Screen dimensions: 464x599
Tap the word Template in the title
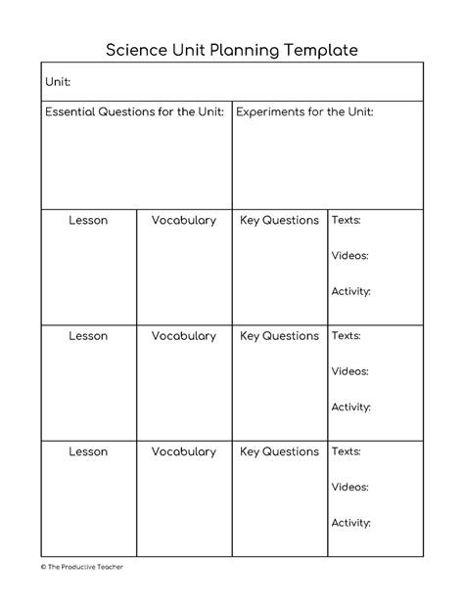[319, 48]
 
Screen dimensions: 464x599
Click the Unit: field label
[58, 83]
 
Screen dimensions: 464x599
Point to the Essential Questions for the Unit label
[134, 112]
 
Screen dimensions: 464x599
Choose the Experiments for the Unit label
[304, 112]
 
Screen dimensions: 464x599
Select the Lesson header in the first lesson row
[88, 221]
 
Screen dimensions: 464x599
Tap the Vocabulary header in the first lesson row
[184, 221]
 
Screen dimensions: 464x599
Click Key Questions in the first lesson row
[279, 221]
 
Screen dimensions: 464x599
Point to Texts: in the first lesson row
[346, 221]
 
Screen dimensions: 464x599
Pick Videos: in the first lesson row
[349, 255]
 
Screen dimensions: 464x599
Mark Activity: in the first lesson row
[350, 291]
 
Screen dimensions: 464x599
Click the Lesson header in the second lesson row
[88, 336]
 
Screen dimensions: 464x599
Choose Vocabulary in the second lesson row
[184, 336]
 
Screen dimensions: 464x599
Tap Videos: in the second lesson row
[349, 371]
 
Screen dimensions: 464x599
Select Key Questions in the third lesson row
[279, 452]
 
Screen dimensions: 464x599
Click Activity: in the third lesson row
[350, 523]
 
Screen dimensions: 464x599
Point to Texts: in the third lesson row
[346, 452]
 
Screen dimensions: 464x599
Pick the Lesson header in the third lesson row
[88, 452]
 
